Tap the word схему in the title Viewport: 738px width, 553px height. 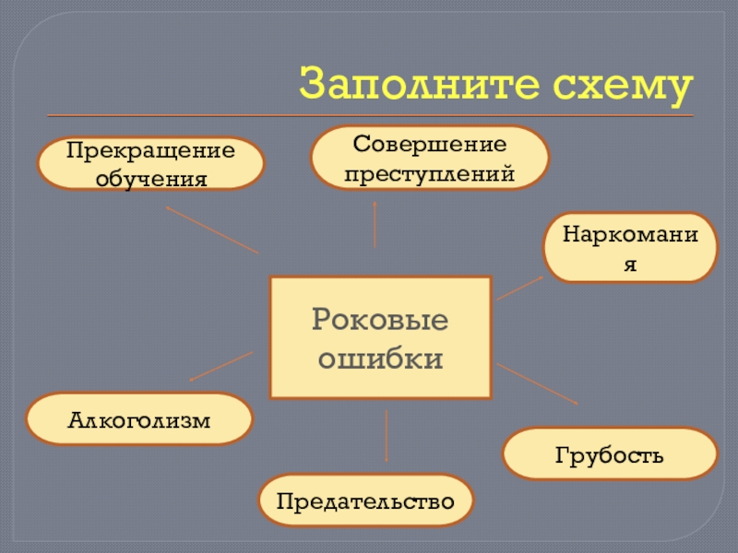pos(622,85)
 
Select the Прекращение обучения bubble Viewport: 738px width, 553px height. pos(150,163)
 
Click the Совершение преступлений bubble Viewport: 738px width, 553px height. pos(430,159)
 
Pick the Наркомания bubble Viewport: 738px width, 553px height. pos(630,248)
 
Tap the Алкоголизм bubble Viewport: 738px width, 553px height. pos(139,419)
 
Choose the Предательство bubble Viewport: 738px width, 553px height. pos(366,500)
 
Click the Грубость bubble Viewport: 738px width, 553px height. pos(609,453)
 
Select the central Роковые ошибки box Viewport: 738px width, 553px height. pos(380,337)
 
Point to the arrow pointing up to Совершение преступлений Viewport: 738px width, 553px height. pos(375,223)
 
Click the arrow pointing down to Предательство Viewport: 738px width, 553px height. pos(386,436)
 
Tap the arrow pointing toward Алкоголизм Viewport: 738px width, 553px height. pos(220,366)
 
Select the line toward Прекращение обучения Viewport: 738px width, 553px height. pos(212,229)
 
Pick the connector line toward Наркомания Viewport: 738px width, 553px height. pos(520,288)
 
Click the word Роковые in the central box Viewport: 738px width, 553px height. pos(380,320)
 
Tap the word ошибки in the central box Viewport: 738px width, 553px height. pos(380,358)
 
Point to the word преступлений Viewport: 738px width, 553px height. pos(430,171)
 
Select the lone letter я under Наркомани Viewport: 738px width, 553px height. pos(630,264)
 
